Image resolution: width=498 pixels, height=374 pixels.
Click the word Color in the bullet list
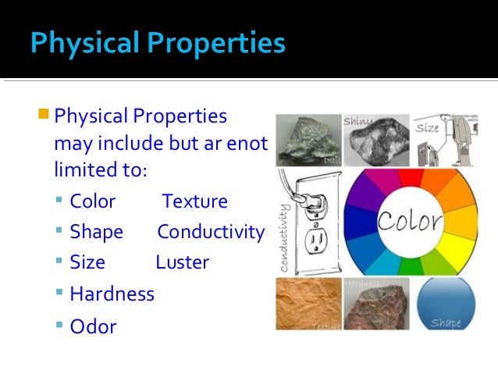(x=92, y=201)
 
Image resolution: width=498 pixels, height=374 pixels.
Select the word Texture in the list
(x=194, y=201)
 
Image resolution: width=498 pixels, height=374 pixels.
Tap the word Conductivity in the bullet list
(x=211, y=232)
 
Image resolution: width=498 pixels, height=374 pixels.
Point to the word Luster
(x=182, y=262)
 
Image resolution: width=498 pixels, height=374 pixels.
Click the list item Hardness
(x=112, y=294)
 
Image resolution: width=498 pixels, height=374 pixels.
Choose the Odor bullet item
(x=93, y=326)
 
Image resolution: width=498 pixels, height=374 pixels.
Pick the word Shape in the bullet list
(x=96, y=232)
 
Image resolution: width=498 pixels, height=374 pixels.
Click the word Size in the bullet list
(x=87, y=262)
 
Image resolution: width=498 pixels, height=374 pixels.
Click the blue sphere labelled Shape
(x=446, y=303)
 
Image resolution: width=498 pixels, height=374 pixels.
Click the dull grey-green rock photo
(x=308, y=140)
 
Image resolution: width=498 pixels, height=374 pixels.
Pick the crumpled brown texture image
(x=308, y=303)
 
